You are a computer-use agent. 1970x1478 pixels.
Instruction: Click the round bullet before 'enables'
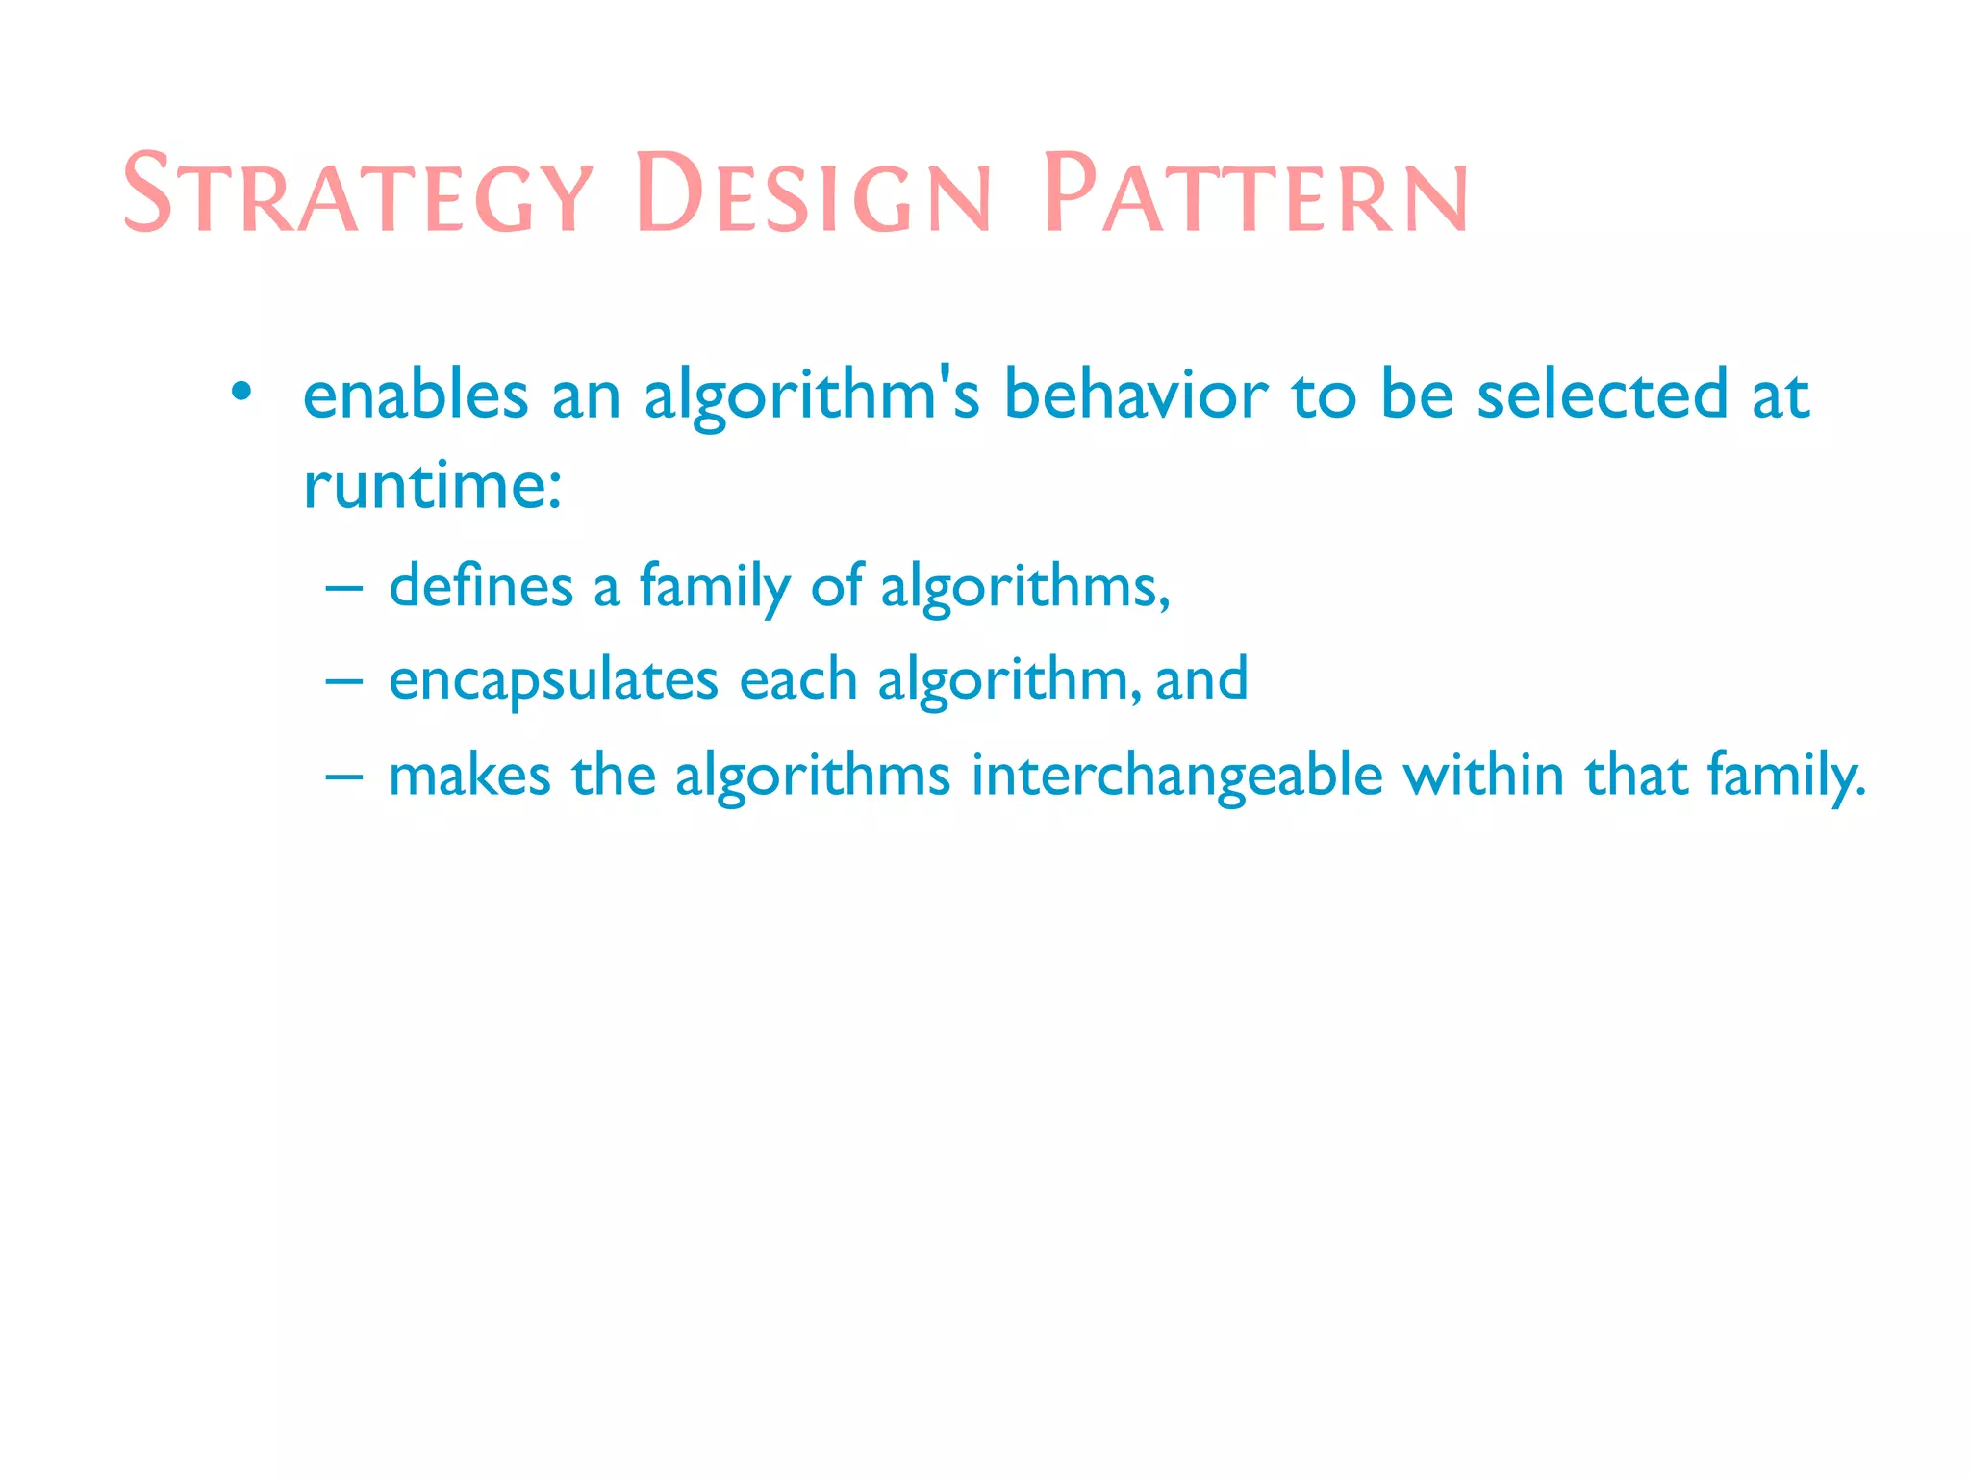[241, 393]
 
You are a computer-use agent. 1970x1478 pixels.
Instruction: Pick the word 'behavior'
[1135, 395]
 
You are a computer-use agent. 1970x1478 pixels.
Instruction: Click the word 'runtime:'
[432, 485]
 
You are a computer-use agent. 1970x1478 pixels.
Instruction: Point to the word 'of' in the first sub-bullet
[836, 585]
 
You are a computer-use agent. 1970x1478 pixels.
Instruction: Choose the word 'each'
[797, 679]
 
